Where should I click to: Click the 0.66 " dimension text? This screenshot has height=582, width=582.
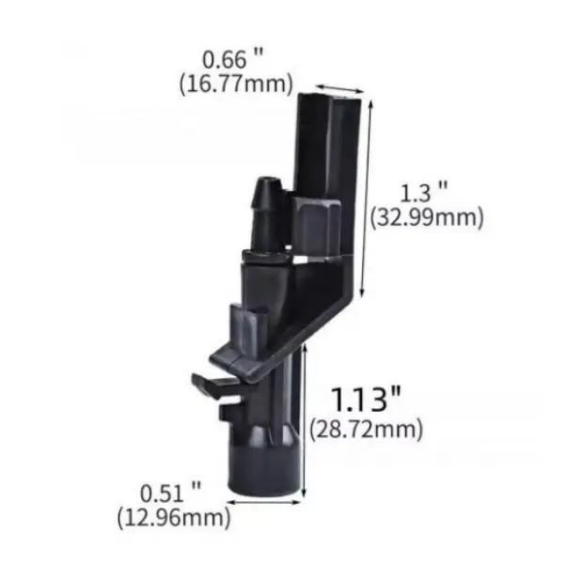coord(232,59)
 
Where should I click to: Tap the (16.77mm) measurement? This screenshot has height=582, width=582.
coord(236,85)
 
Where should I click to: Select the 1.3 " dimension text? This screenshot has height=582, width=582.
coord(425,193)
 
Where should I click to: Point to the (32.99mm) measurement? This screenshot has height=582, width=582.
coord(427,217)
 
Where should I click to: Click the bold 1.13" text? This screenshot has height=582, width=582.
coord(366,399)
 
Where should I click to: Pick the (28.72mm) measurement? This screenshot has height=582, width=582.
coord(367,430)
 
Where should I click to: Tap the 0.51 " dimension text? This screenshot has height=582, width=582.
coord(170,494)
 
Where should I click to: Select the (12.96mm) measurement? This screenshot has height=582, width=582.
coord(174,518)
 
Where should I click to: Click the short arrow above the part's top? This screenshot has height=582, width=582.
coord(339,88)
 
